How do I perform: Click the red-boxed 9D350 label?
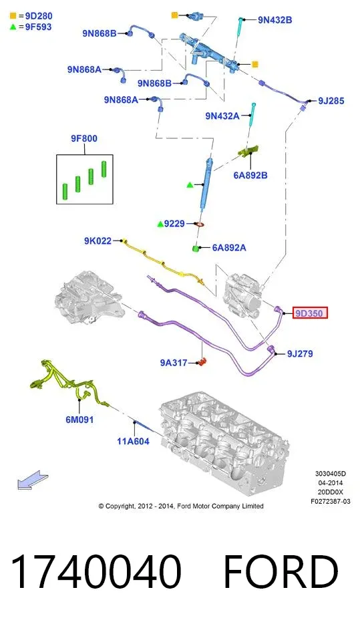pos(309,313)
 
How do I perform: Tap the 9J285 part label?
pos(331,101)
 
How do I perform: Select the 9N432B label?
pos(275,19)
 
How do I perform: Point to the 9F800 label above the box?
pos(84,138)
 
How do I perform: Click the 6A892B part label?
pos(250,175)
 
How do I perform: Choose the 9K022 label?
pos(98,241)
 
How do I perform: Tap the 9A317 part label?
pos(174,363)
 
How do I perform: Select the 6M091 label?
pos(79,420)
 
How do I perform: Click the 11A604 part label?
pos(133,441)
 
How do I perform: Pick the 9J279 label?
pos(300,354)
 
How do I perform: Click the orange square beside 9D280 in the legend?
pos(13,16)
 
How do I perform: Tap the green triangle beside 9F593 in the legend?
pos(13,27)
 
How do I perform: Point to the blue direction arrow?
pos(33,480)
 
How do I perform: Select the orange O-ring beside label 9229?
pos(200,224)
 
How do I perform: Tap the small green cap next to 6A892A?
pos(196,249)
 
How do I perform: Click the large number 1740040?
pos(96,571)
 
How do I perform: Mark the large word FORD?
pos(281,571)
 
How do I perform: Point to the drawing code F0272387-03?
pos(330,501)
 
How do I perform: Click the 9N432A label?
pos(222,116)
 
